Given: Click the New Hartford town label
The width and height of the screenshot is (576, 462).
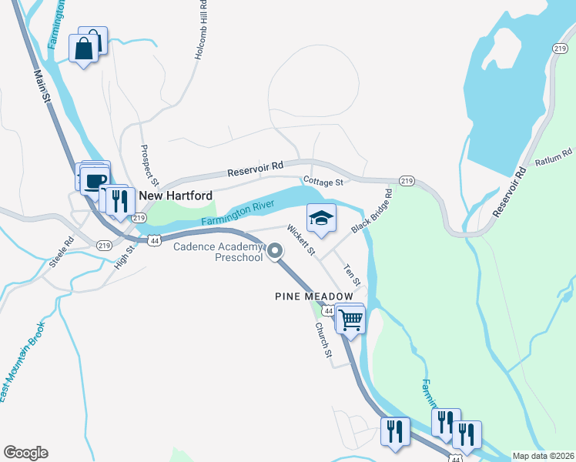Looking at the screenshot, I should tap(176, 196).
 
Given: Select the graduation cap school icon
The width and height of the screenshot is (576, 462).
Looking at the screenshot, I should tap(321, 218).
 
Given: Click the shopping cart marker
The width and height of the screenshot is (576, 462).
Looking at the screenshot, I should tap(350, 319).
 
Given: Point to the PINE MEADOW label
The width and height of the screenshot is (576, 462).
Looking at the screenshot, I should tap(314, 296).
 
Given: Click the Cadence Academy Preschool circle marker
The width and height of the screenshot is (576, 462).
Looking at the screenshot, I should tap(275, 250).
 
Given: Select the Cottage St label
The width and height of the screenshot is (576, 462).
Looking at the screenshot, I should tap(323, 182).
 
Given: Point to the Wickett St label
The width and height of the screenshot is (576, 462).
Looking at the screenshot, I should tap(301, 239).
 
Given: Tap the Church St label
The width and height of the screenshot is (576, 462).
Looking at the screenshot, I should tap(323, 340).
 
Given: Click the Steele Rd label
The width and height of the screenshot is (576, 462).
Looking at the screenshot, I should tap(61, 252).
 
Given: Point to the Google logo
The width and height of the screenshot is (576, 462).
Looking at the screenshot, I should tap(25, 453).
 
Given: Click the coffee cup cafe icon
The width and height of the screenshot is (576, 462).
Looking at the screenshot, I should tap(95, 182).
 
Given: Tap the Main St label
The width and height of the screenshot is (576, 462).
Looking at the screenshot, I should tap(43, 87).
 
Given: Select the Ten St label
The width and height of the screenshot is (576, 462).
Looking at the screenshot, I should tap(351, 273).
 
